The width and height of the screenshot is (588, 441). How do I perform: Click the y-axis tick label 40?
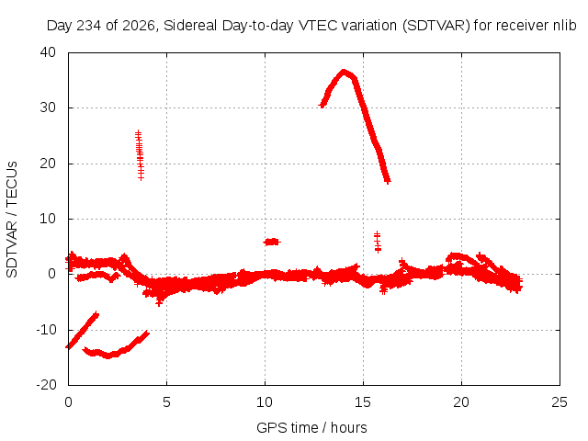pos(48,52)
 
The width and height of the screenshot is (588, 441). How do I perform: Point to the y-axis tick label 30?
pos(48,107)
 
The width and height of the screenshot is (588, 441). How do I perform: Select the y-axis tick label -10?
pos(46,330)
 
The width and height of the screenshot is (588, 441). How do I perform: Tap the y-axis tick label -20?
pos(46,385)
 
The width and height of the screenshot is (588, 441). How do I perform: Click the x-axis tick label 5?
pos(166,402)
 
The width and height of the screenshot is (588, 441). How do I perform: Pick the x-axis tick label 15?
pos(363,402)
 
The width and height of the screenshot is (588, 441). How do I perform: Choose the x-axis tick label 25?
pos(560,402)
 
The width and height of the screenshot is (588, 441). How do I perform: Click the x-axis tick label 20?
pos(461,402)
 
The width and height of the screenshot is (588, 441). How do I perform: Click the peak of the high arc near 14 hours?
pos(344,72)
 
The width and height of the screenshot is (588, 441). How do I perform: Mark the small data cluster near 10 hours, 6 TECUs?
pos(272,242)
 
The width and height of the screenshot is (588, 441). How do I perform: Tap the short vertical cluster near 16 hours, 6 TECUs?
pos(378,242)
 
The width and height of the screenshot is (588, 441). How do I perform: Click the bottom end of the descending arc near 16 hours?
pos(388,182)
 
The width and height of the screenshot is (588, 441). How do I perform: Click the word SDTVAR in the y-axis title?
pos(12,249)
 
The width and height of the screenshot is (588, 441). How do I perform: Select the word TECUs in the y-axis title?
pos(12,184)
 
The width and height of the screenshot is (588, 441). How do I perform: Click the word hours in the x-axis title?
pos(349,428)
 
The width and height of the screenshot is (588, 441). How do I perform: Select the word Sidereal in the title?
pos(190,26)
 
